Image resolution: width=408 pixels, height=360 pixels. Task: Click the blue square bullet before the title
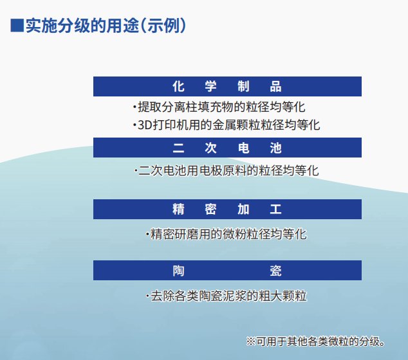tap(17, 26)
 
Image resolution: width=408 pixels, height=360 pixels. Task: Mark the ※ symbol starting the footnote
tap(251, 340)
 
